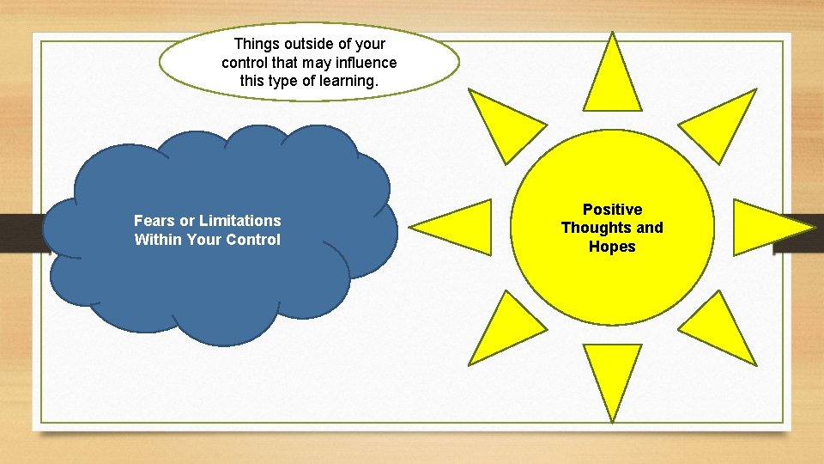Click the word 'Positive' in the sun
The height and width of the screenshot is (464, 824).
point(612,210)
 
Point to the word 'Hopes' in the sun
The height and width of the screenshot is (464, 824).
point(612,247)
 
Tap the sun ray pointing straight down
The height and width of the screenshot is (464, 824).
point(612,378)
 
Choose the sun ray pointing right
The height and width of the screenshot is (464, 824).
point(768,227)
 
